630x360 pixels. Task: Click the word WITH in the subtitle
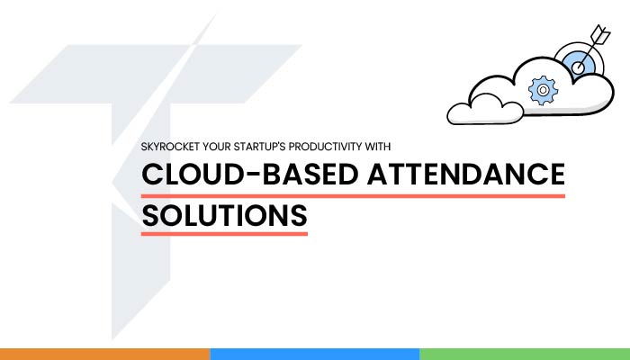point(378,147)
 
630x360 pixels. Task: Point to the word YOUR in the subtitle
point(217,147)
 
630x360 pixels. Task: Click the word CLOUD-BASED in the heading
point(250,174)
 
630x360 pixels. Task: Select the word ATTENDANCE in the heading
point(466,174)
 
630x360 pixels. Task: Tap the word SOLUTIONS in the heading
point(225,215)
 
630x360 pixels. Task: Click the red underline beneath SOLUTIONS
point(224,234)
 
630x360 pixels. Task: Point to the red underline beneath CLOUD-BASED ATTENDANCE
point(353,196)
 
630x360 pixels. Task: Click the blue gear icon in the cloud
point(543,90)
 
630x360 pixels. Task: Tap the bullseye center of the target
point(578,67)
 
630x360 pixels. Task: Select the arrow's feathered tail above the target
point(600,35)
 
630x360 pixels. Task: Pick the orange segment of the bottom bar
point(105,354)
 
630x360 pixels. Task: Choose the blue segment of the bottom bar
point(315,354)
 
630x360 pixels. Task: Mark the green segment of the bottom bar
point(525,354)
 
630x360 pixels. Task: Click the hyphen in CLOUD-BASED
point(253,175)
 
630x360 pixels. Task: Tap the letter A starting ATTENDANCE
point(379,174)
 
